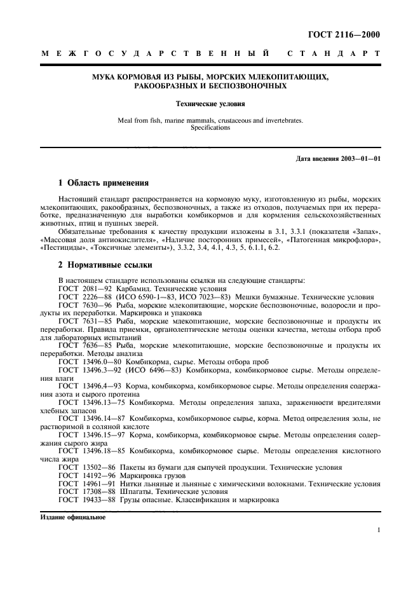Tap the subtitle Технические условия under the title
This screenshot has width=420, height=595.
210,102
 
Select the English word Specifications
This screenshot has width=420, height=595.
210,128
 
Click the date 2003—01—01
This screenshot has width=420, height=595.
362,158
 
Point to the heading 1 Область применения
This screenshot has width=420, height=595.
103,183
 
